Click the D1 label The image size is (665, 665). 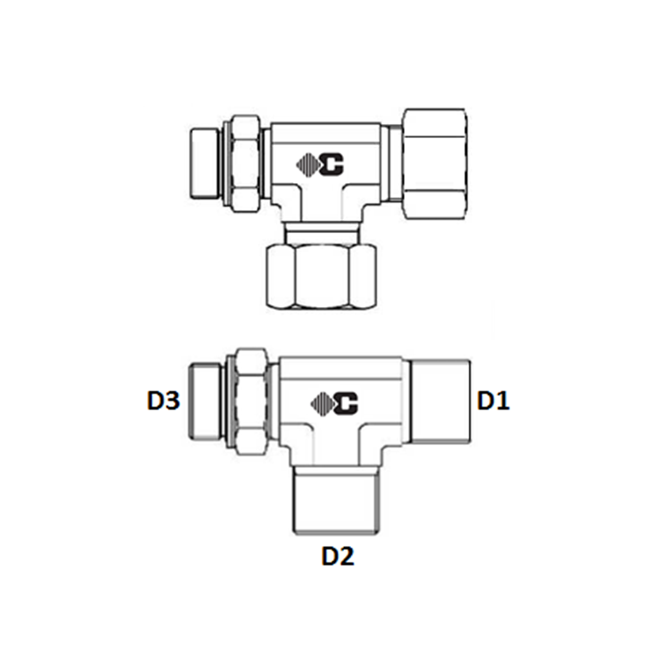(493, 401)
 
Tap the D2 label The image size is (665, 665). (338, 556)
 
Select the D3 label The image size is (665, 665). (164, 401)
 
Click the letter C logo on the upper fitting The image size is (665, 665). (332, 164)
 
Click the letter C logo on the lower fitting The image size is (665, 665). (346, 403)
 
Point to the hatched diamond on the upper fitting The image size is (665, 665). (308, 164)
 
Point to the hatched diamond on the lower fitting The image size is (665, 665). (322, 403)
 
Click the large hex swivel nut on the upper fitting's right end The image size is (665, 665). (435, 164)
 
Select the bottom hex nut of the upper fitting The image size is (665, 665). (321, 276)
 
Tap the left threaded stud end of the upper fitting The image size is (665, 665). (204, 164)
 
